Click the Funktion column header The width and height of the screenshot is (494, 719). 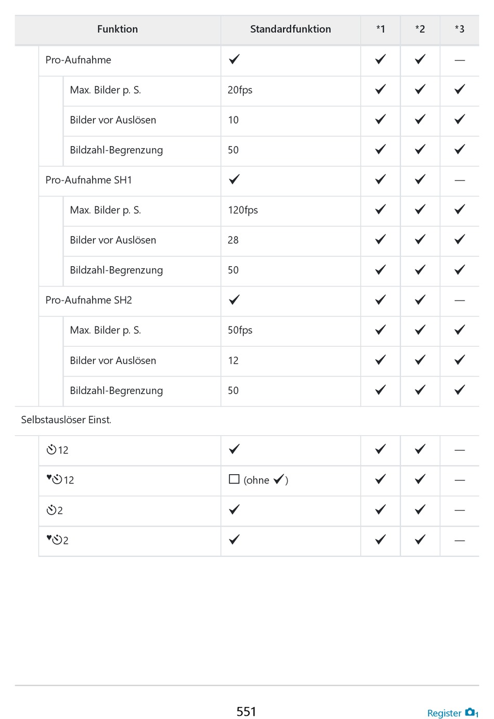point(118,29)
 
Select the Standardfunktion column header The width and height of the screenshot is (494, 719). point(290,29)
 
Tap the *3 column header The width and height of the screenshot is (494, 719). point(459,29)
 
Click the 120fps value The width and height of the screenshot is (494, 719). point(243,210)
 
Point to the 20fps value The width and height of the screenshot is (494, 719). point(240,90)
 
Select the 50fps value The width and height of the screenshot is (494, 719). point(240,330)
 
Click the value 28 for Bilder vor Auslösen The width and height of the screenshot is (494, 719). point(233,240)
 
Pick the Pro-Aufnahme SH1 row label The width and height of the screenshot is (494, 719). point(88,180)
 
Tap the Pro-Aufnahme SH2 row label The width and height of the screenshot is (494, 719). point(88,300)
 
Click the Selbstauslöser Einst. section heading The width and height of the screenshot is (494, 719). point(66,420)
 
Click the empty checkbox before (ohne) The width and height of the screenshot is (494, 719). point(234,479)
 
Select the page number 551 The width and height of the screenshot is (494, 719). point(246,711)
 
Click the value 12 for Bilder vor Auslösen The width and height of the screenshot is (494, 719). point(233,360)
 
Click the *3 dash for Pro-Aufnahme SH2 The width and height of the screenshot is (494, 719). point(459,300)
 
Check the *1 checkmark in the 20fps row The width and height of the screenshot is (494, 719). point(380,89)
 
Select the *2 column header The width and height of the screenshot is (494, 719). point(420,29)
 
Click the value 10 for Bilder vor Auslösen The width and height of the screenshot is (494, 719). point(233,120)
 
